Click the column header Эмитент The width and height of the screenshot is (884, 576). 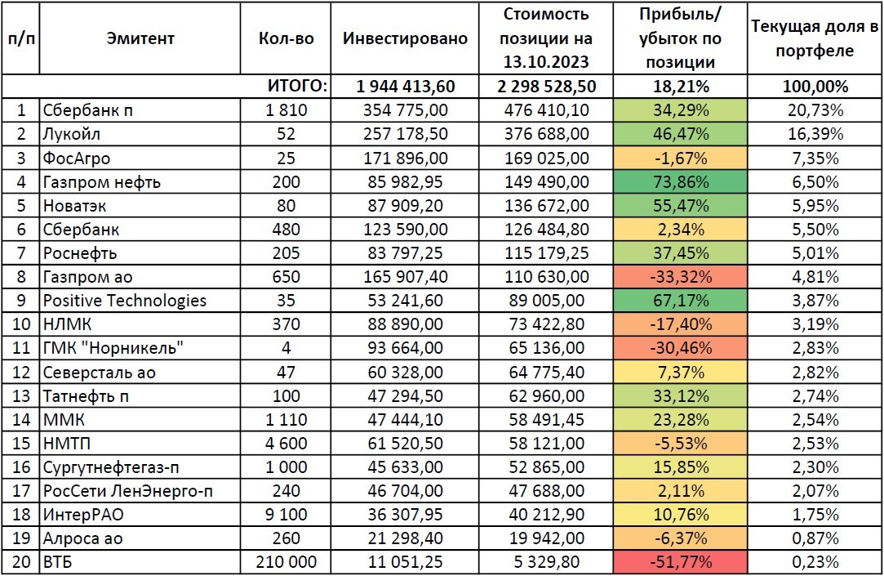140,38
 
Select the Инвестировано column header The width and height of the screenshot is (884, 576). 405,38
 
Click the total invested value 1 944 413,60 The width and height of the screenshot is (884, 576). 405,87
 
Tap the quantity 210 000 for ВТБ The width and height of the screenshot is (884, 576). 285,561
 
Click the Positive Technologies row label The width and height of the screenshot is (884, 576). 124,301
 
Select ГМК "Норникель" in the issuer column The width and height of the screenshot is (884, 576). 112,348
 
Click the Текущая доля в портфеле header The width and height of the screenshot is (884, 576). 814,38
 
